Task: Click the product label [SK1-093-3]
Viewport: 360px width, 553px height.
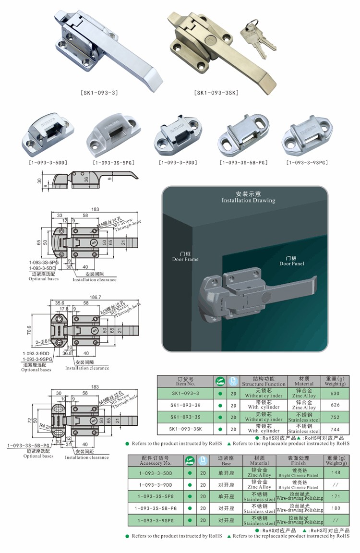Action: [101, 93]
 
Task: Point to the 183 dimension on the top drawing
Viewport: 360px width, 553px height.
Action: [95, 209]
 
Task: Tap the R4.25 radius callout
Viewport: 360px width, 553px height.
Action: [46, 426]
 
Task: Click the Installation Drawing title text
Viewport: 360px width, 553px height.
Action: [248, 197]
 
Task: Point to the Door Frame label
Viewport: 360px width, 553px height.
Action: [185, 256]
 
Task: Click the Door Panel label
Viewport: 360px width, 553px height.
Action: [292, 261]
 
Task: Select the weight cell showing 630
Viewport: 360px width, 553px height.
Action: [335, 394]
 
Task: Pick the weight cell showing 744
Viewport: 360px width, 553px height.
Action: [335, 429]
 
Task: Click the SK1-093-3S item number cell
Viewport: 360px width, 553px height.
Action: [185, 417]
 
